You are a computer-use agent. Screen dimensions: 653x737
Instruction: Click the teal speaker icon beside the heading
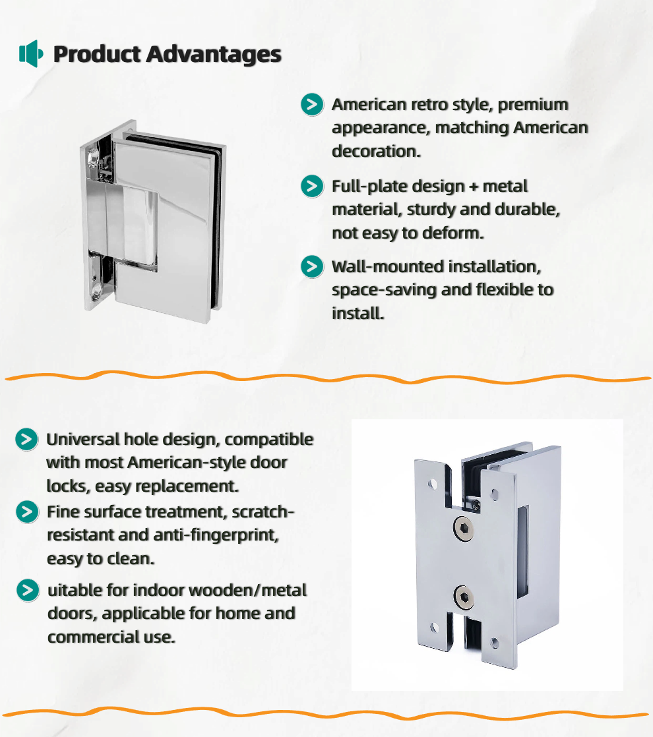pyautogui.click(x=31, y=53)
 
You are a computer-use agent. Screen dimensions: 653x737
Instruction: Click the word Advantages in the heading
pyautogui.click(x=214, y=55)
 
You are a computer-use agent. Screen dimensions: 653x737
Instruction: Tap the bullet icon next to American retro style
pyautogui.click(x=312, y=104)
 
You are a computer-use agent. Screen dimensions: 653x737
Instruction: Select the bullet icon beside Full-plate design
pyautogui.click(x=312, y=186)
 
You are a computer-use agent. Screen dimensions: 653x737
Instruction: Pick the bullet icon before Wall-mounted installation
pyautogui.click(x=312, y=266)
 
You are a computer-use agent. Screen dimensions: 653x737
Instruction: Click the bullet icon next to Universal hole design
pyautogui.click(x=27, y=440)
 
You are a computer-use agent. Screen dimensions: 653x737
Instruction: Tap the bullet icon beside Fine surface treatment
pyautogui.click(x=27, y=512)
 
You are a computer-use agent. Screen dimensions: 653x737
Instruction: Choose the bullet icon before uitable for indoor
pyautogui.click(x=28, y=591)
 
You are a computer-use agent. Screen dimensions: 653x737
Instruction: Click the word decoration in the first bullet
pyautogui.click(x=376, y=152)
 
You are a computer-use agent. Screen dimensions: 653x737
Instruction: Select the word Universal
pyautogui.click(x=83, y=440)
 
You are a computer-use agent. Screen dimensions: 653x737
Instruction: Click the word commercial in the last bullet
pyautogui.click(x=94, y=637)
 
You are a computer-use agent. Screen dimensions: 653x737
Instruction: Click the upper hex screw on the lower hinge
pyautogui.click(x=464, y=527)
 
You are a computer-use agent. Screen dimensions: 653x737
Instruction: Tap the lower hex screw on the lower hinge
pyautogui.click(x=464, y=597)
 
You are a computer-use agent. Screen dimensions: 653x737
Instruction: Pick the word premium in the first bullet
pyautogui.click(x=533, y=105)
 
